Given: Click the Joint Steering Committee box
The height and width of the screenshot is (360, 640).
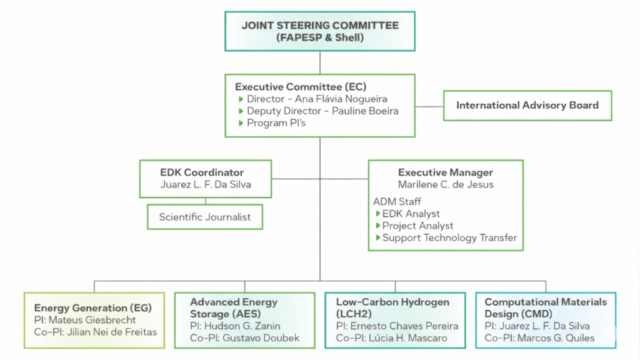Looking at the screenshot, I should click(x=320, y=31).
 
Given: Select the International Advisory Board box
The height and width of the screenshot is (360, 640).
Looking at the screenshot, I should click(x=527, y=106).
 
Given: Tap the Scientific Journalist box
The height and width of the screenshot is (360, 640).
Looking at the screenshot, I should click(x=204, y=217).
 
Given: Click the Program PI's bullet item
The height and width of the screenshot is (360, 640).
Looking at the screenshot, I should click(x=277, y=123).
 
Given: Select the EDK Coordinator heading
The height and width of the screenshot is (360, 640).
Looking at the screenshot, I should click(x=201, y=172).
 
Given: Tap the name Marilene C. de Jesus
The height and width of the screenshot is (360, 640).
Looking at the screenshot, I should click(x=446, y=184).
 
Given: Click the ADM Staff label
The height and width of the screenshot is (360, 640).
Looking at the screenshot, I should click(x=396, y=201).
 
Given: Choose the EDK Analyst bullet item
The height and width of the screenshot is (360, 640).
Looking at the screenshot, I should click(x=411, y=214).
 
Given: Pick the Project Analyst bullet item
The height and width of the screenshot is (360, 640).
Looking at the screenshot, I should click(x=417, y=226).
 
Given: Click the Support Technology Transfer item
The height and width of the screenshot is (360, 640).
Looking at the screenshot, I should click(x=449, y=237).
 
